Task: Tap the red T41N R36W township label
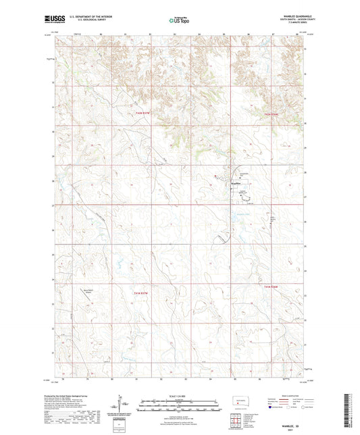coord(272,287)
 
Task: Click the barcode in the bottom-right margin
coord(349,409)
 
